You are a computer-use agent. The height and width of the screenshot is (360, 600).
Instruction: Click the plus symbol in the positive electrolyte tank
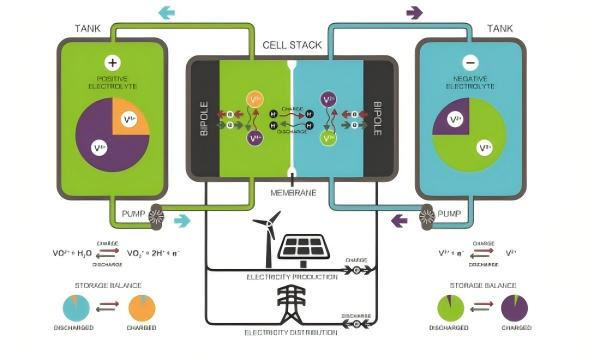coord(112,62)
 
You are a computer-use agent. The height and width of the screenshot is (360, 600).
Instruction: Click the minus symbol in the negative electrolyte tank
coord(470,62)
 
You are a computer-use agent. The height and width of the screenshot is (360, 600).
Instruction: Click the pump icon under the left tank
coord(156,214)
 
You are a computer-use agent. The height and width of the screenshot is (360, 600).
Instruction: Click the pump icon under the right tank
coord(428,214)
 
